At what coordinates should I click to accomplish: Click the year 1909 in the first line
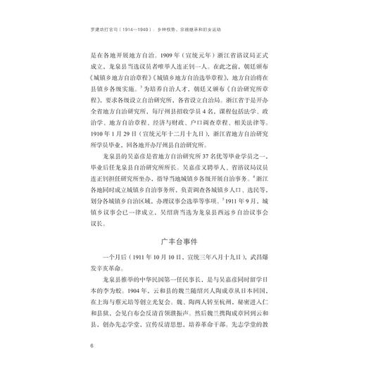pyautogui.click(x=170, y=52)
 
